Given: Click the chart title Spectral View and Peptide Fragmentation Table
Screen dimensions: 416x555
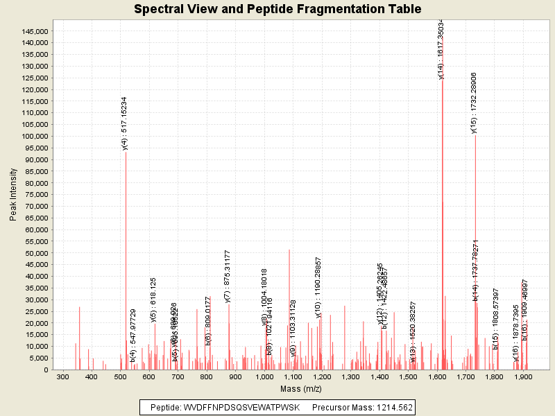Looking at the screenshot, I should click(x=277, y=9).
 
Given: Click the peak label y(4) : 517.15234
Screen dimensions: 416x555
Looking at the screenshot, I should click(x=125, y=123).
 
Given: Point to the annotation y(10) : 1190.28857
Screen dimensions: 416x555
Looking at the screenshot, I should click(x=318, y=287).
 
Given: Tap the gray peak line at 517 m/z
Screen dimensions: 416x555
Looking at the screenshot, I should click(x=126, y=263).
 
